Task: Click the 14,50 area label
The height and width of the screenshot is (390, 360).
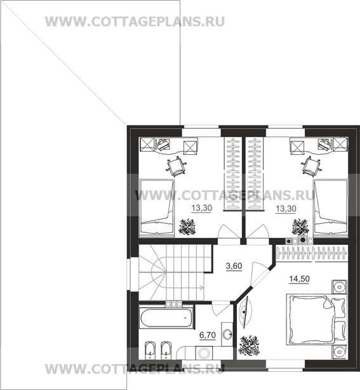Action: tap(299, 279)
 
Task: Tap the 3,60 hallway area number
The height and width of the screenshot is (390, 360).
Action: tap(234, 266)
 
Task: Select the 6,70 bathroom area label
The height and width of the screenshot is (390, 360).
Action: tap(208, 335)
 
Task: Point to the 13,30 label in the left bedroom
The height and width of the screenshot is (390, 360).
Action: tap(201, 208)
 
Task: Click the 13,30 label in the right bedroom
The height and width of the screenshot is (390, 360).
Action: tap(286, 209)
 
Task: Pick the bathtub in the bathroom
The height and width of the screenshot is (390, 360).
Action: tap(166, 318)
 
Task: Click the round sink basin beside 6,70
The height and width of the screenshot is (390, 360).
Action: tap(227, 334)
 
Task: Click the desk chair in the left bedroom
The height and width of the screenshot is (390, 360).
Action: tap(177, 166)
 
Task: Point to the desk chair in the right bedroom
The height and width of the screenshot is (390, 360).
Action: tap(311, 166)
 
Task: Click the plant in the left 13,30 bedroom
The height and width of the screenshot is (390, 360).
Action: tap(187, 226)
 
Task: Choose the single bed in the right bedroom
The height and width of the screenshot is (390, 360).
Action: tap(330, 206)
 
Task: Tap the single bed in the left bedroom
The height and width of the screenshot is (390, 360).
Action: tap(157, 207)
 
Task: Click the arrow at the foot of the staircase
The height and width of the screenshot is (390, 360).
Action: tap(201, 288)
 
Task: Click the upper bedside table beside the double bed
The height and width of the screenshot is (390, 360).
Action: tap(339, 287)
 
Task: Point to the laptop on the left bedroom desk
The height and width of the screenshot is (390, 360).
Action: tap(163, 144)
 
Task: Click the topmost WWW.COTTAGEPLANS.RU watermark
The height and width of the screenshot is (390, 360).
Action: tap(135, 22)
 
